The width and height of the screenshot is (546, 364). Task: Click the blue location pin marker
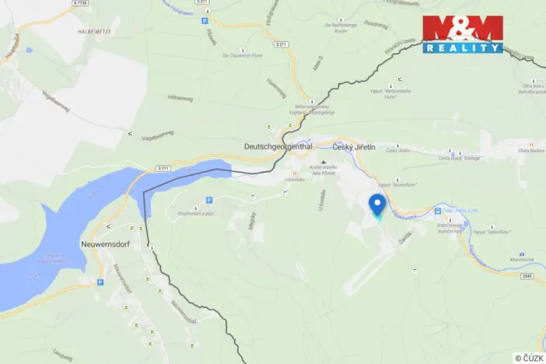point(378,205)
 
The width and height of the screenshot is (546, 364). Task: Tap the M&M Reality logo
point(463,34)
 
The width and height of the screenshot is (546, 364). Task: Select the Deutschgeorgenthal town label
point(278,146)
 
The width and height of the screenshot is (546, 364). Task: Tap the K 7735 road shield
point(79,3)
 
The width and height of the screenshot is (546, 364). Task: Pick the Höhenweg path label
point(180,98)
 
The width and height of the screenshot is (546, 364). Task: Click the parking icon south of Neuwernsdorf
point(100,282)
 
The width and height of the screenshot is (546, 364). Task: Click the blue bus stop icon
point(437,211)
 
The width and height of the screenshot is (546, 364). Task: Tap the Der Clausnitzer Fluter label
point(238,56)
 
